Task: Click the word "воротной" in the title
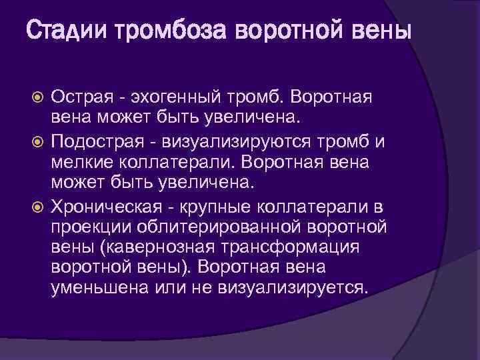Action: (x=279, y=31)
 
